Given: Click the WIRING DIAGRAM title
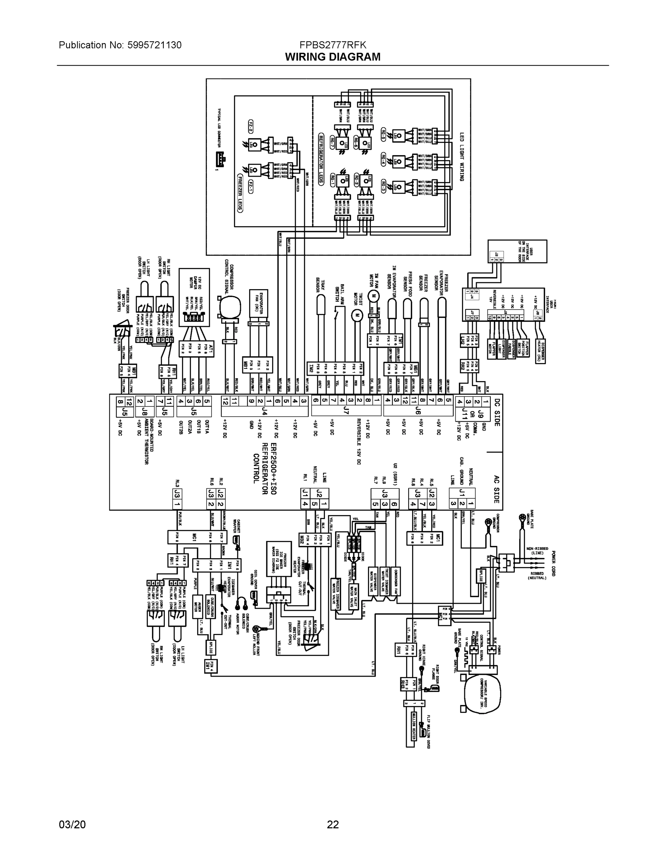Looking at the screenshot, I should click(x=332, y=57).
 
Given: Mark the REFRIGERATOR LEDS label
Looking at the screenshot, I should click(x=321, y=160).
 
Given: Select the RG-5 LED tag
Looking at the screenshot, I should click(x=383, y=135).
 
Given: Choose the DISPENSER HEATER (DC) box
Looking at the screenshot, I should click(x=540, y=351).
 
